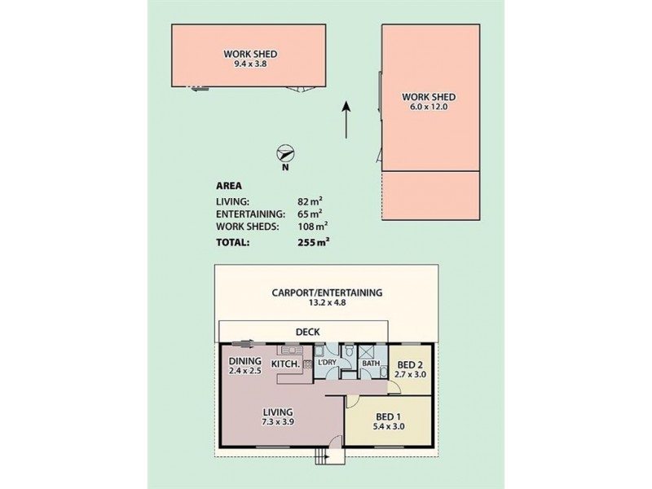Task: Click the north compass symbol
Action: [x=285, y=153]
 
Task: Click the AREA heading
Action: [x=228, y=185]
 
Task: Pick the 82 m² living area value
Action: [x=313, y=200]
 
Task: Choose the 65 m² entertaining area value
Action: [x=313, y=213]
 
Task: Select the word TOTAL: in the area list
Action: [x=233, y=241]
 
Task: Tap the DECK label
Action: [x=308, y=332]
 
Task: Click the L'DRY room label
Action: [x=328, y=361]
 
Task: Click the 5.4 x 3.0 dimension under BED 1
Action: [x=388, y=425]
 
